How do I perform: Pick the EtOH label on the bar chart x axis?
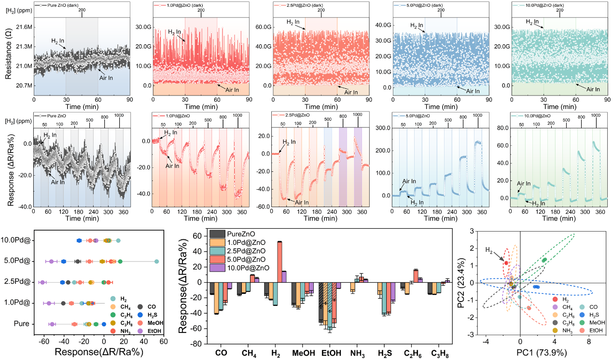pyautogui.click(x=331, y=353)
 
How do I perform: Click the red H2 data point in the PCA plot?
pyautogui.click(x=506, y=263)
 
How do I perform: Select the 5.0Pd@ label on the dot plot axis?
pyautogui.click(x=15, y=262)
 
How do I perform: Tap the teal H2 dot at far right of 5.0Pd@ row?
pyautogui.click(x=156, y=262)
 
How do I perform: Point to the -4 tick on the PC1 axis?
pyautogui.click(x=487, y=342)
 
